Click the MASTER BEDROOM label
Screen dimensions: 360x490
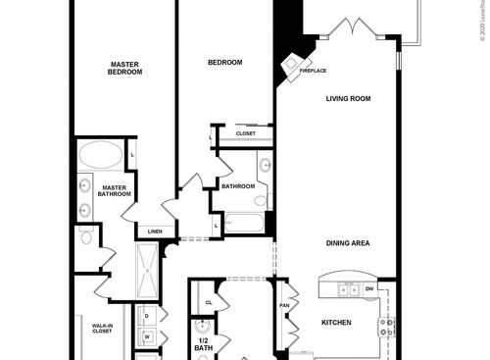tap(125, 68)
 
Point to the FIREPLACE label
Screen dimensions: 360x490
tap(314, 71)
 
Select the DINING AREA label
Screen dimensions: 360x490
tap(348, 243)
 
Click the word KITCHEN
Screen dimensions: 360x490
tap(336, 321)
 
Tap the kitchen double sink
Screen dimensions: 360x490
tap(349, 289)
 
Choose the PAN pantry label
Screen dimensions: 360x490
tap(284, 305)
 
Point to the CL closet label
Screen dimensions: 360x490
tap(209, 302)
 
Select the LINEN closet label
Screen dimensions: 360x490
tap(155, 231)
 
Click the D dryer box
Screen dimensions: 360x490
tap(146, 316)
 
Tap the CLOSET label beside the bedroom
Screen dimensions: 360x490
tap(245, 133)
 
